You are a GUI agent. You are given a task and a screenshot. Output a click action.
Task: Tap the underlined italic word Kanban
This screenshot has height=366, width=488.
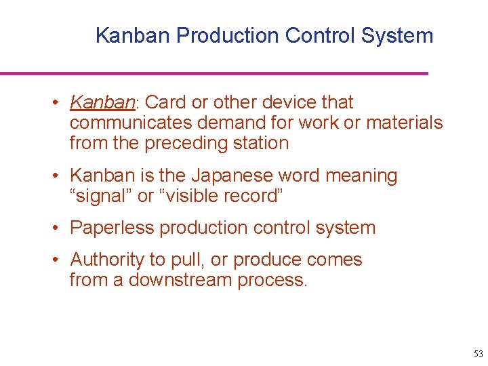(x=102, y=102)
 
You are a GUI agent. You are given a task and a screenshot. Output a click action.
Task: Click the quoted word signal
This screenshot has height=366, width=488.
(x=101, y=196)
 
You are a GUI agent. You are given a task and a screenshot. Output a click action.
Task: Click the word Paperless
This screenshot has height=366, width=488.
(x=112, y=228)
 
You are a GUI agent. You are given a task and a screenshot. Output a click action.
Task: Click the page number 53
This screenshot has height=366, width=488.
(x=479, y=354)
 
